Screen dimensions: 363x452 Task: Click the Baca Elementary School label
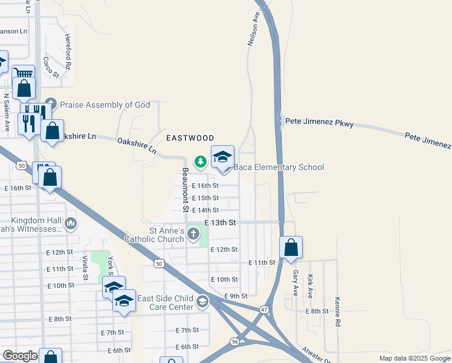(x=279, y=168)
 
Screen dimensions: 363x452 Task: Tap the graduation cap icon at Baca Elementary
(x=222, y=157)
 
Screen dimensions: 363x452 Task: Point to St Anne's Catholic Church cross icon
(x=193, y=234)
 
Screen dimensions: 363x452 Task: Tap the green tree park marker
(x=200, y=161)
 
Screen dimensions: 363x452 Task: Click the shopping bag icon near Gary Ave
(x=291, y=247)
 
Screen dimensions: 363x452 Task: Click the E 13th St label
(x=219, y=223)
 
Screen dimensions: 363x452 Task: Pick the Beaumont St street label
(x=186, y=189)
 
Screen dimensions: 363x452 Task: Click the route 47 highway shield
(x=264, y=309)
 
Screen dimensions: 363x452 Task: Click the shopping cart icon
(x=23, y=73)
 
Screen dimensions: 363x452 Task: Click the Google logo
(x=20, y=356)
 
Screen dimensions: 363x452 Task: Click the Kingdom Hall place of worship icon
(x=71, y=224)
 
